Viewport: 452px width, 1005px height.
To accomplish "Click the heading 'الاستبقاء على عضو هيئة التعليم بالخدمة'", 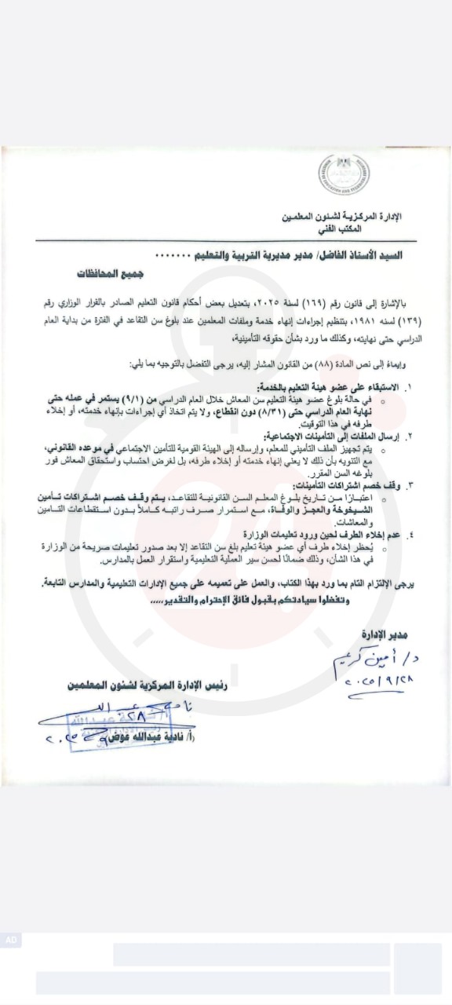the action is click(333, 388).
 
